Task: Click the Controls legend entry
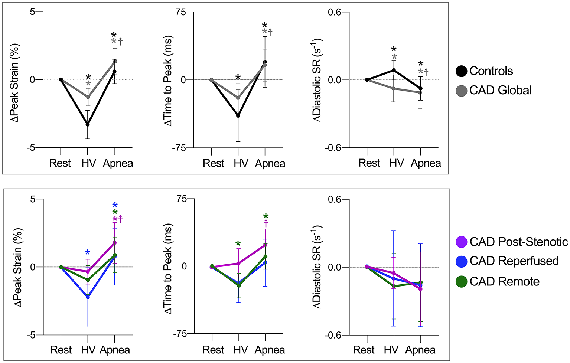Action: (485, 71)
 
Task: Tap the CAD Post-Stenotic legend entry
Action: (512, 242)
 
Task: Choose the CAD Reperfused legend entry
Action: (507, 261)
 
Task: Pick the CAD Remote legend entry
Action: (498, 281)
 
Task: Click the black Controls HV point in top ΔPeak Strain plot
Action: (88, 124)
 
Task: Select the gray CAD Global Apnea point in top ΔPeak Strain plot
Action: (115, 61)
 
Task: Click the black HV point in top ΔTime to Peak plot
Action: (238, 116)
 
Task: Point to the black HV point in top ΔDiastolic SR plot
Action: (394, 70)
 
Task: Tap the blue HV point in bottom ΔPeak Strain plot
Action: (88, 297)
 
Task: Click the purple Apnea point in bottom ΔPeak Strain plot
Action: (115, 243)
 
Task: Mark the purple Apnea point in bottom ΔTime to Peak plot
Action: (265, 245)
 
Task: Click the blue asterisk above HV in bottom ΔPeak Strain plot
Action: (88, 253)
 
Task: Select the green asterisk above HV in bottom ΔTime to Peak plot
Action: (238, 244)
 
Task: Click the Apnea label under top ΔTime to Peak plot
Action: (270, 164)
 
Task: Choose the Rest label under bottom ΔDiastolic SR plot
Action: (364, 350)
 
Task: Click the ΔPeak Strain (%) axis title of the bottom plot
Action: (18, 267)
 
